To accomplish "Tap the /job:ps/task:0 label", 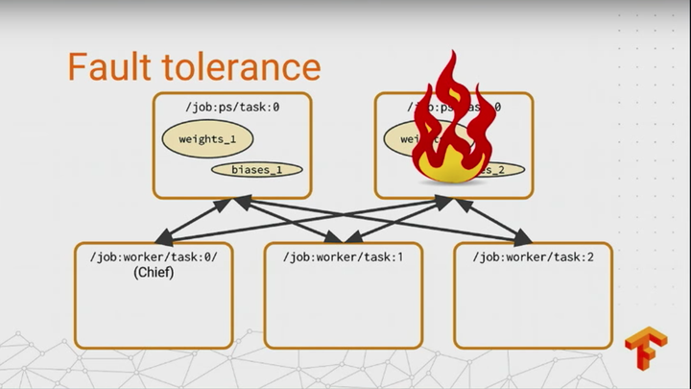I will (231, 107).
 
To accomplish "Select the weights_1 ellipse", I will (207, 139).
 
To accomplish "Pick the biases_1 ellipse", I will (257, 170).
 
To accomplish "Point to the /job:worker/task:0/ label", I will (155, 256).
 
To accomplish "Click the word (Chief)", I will (154, 273).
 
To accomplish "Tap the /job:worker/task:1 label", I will (343, 256).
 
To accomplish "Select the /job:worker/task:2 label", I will (532, 256).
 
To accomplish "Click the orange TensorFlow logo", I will (645, 350).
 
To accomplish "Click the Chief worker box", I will (154, 307).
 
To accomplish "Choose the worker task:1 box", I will (343, 307).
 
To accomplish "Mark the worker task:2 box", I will (532, 307).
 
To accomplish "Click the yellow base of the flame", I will (443, 171).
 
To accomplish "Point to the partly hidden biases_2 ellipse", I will (501, 170).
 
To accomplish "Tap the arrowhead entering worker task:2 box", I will (523, 236).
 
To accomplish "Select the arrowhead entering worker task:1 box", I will (336, 236).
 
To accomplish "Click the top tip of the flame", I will (445, 56).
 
